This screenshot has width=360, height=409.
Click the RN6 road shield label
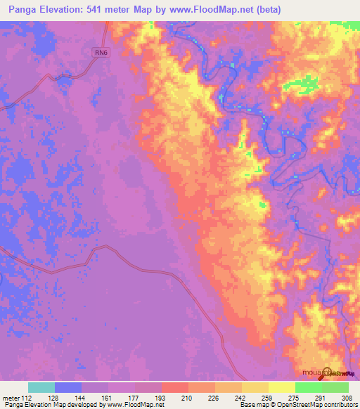[x=103, y=51]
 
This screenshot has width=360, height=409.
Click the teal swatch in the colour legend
[x=41, y=387]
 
